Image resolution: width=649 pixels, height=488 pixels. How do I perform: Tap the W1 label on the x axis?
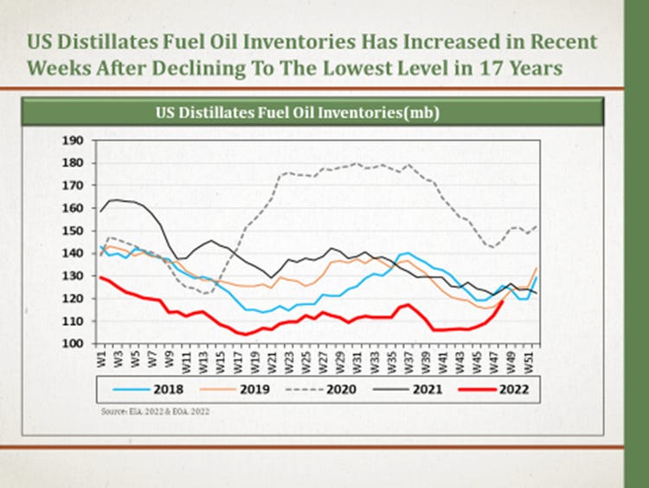tap(102, 356)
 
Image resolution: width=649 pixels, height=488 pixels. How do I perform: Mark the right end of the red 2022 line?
tap(503, 302)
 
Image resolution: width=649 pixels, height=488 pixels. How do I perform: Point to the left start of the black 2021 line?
tap(100, 211)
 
